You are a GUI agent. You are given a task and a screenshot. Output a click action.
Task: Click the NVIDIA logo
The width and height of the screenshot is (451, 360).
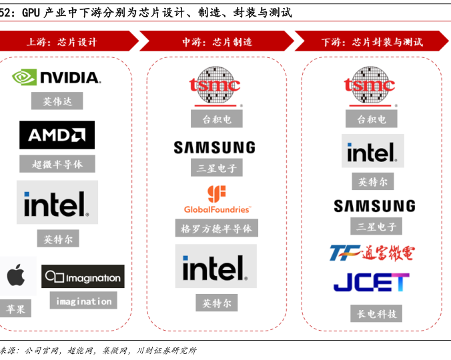click(x=57, y=77)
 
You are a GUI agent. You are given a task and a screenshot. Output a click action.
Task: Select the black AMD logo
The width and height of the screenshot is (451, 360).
click(x=57, y=135)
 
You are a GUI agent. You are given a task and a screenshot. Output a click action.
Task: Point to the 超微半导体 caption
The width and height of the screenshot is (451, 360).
click(x=57, y=164)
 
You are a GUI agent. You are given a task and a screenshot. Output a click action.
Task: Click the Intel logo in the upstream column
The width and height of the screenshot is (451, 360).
click(x=57, y=203)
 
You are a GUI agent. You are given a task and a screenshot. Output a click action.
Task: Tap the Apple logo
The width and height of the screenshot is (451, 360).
click(x=17, y=275)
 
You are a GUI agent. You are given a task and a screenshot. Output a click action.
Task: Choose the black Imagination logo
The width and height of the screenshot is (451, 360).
click(x=83, y=277)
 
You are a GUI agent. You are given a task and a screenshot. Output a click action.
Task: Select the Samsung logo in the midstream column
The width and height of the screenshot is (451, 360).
click(x=214, y=147)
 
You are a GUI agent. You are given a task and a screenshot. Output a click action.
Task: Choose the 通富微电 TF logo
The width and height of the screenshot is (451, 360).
click(x=372, y=253)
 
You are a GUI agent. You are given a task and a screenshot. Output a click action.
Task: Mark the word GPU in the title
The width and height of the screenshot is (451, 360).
click(x=33, y=12)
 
